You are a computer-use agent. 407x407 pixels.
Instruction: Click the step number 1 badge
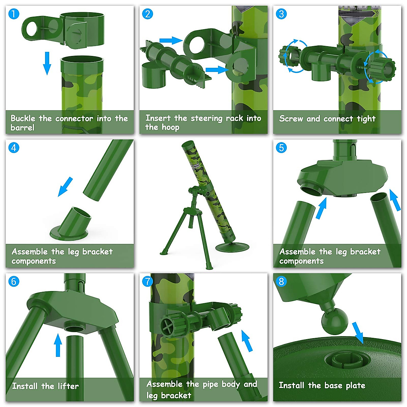(14, 14)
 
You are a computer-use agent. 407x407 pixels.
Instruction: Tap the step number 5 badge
(281, 148)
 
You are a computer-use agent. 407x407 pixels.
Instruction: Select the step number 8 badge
(281, 281)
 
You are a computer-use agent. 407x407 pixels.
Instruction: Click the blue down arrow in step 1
(47, 63)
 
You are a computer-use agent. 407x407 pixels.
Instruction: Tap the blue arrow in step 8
(358, 333)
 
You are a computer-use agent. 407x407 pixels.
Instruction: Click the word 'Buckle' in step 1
(23, 118)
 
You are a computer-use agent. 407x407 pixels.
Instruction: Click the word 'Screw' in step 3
(291, 119)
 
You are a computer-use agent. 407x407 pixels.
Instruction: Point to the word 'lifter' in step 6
(68, 386)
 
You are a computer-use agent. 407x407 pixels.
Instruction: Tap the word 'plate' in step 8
(355, 386)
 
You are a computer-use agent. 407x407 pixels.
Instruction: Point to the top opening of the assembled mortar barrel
(187, 145)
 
